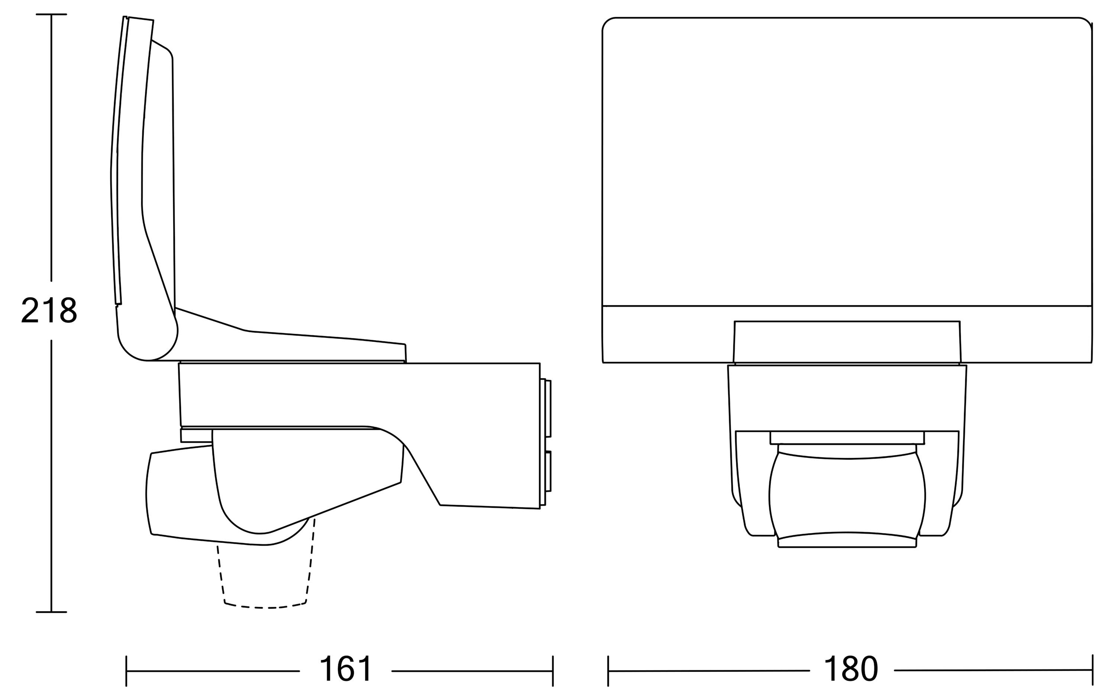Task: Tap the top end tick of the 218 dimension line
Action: [51, 15]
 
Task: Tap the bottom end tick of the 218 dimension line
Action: [51, 612]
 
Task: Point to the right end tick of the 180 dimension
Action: [1092, 670]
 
